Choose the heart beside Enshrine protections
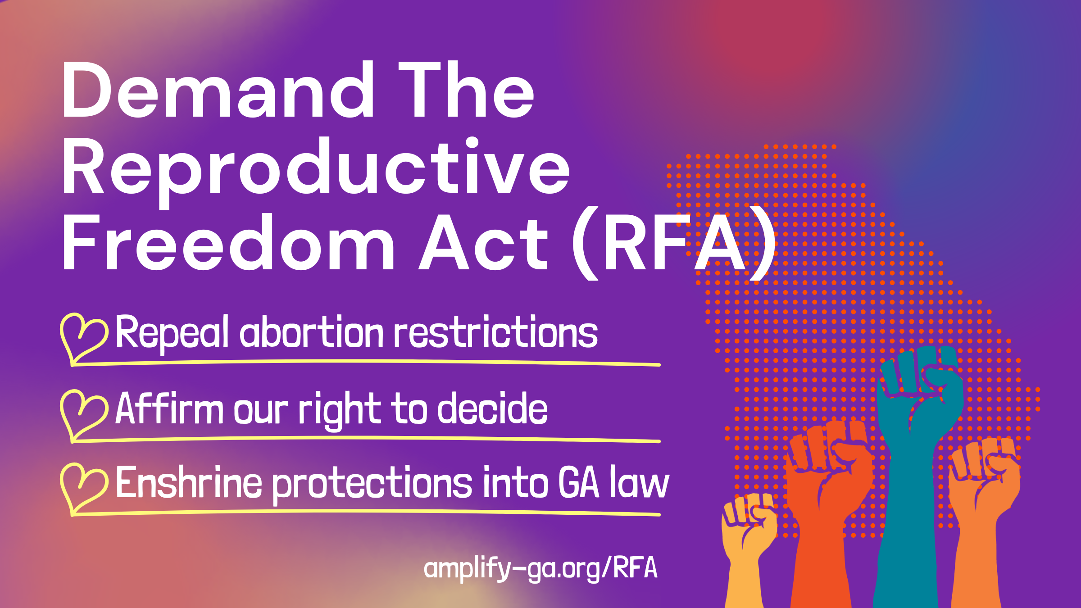point(84,488)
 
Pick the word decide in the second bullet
point(492,408)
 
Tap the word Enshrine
point(189,482)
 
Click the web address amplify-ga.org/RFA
point(540,568)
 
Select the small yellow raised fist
point(748,540)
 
